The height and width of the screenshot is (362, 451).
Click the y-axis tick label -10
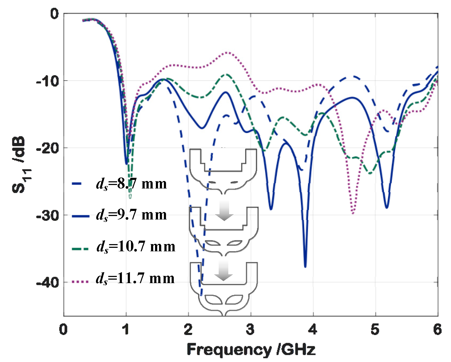pos(47,81)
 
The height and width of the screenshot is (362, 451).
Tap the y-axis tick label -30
pos(47,215)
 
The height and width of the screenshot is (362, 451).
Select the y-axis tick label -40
pos(47,282)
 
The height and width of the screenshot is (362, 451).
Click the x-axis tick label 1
pos(126,329)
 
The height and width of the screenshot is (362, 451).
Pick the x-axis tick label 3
pos(250,329)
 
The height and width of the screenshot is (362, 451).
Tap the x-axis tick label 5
pos(375,329)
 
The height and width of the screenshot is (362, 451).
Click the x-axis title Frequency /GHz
pos(251,349)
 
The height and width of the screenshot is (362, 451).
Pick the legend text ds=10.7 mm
pos(136,247)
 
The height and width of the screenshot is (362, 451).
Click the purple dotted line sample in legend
pos(80,282)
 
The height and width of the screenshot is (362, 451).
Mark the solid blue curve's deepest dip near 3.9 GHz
pos(305,266)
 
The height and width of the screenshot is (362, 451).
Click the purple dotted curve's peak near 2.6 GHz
pos(227,53)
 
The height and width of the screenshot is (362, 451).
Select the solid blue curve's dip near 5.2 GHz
pos(387,207)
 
